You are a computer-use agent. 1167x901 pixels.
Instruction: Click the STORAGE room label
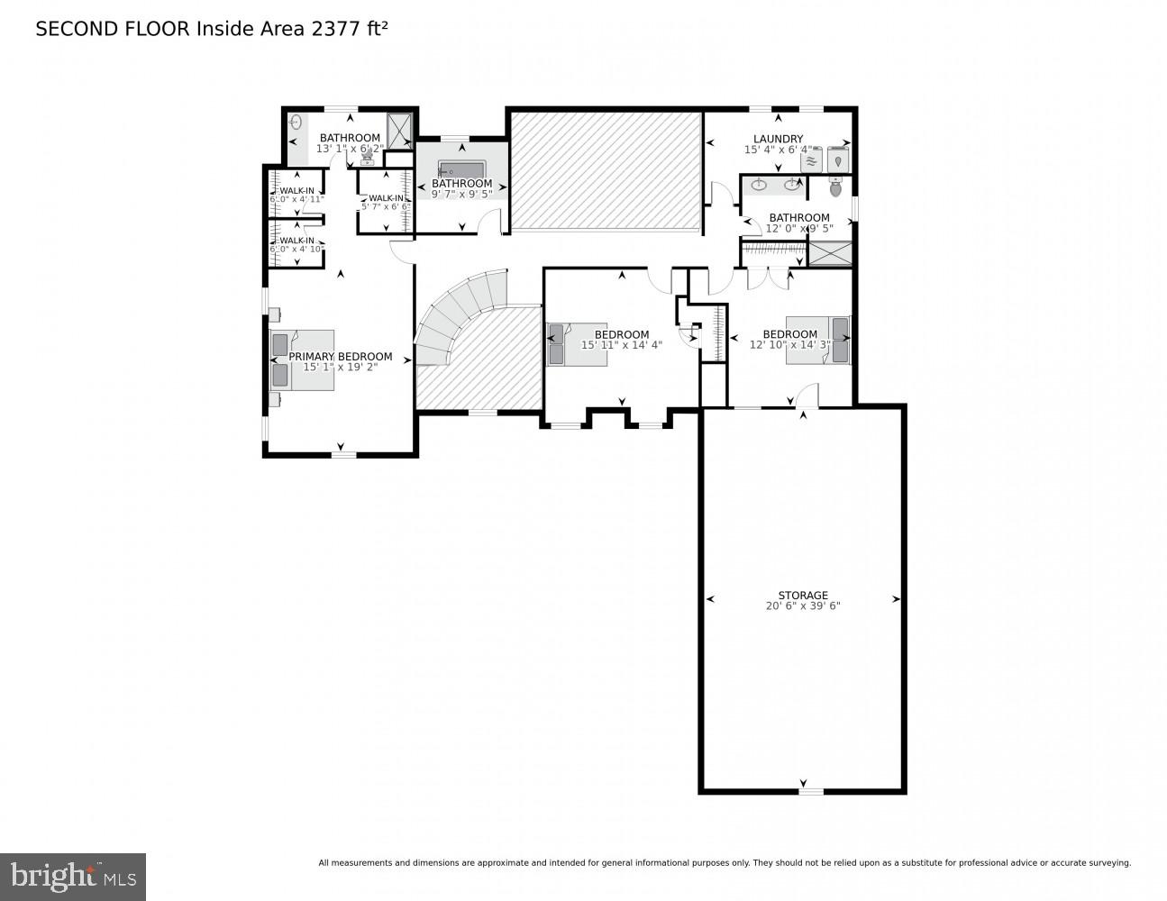[802, 596]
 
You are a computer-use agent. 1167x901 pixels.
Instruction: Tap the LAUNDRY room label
[778, 139]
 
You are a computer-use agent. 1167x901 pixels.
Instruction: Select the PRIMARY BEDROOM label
[341, 357]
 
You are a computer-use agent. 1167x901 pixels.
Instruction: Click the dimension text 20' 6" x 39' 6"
[802, 606]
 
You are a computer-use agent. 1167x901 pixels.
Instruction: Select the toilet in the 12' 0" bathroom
[835, 187]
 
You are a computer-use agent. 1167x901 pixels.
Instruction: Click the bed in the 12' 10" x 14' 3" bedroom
[818, 341]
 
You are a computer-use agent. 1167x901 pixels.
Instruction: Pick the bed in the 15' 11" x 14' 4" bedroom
[577, 344]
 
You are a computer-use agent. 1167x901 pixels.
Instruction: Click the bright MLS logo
[72, 876]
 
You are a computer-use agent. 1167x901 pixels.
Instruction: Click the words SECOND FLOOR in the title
[112, 29]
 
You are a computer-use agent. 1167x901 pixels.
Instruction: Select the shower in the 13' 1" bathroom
[399, 128]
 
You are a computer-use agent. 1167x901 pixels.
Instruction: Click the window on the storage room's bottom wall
[810, 792]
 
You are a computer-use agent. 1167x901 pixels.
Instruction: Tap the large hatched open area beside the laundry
[606, 170]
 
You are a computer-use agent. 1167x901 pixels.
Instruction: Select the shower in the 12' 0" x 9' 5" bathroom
[829, 253]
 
